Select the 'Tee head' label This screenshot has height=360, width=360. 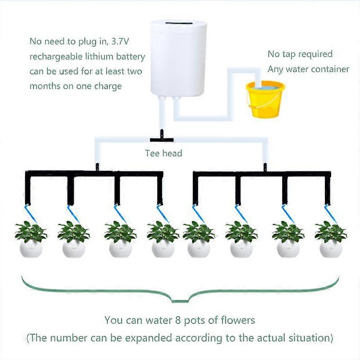(163, 153)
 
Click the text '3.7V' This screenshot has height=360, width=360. (136, 41)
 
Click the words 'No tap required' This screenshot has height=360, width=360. (300, 54)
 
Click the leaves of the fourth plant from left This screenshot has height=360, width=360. (163, 231)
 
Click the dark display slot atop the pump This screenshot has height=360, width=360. (178, 23)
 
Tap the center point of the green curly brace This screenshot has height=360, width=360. (180, 298)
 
